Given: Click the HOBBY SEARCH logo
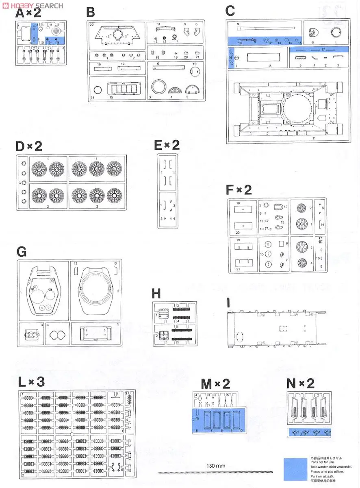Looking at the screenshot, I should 32,5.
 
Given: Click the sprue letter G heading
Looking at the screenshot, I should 22,252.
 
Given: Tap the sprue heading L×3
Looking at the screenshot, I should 31,382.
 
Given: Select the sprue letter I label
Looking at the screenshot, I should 229,303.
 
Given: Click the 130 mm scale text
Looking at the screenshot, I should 215,466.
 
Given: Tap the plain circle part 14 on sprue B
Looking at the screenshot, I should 98,90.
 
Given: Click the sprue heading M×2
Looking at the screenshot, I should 215,383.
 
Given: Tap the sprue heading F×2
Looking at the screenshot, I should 239,190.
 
